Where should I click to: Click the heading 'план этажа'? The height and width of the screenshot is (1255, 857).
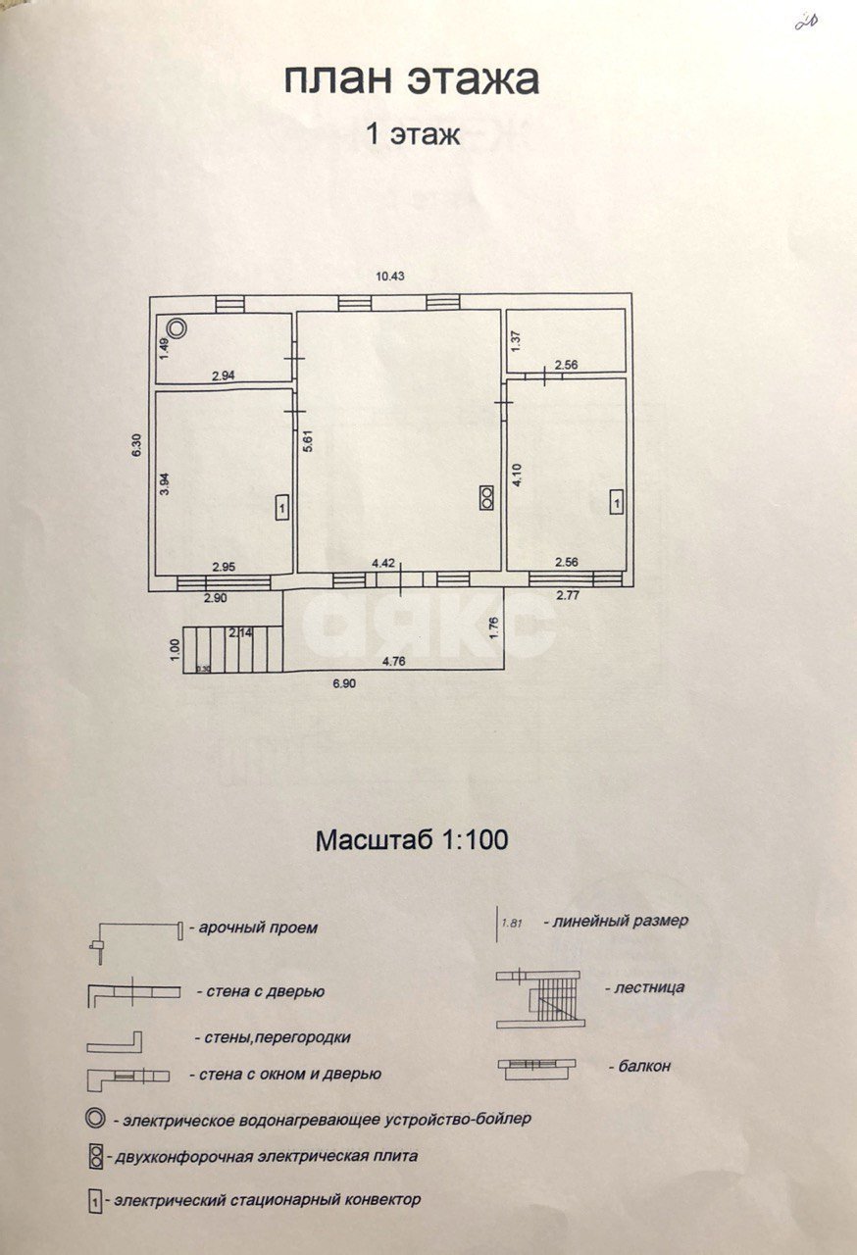click(412, 79)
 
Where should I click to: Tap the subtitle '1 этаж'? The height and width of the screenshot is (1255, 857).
click(412, 134)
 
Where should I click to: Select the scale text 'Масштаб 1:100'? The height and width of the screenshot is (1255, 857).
click(412, 840)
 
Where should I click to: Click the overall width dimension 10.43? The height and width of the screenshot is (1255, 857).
click(390, 276)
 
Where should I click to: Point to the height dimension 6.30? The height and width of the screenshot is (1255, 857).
click(138, 446)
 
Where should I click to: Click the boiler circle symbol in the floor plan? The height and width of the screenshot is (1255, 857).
click(176, 328)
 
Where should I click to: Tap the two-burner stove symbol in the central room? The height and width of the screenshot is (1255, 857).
click(485, 498)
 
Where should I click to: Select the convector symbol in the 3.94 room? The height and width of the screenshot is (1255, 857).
click(281, 508)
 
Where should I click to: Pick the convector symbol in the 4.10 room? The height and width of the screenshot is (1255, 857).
click(616, 502)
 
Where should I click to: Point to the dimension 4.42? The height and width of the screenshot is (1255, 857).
click(382, 563)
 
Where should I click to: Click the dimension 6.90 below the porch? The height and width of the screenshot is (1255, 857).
click(342, 684)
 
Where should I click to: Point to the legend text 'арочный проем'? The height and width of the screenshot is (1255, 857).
click(259, 928)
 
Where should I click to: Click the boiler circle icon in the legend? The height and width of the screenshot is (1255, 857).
click(95, 1119)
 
